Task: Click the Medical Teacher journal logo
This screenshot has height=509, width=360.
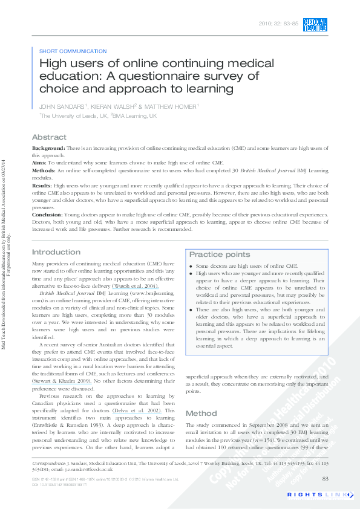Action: tap(315, 25)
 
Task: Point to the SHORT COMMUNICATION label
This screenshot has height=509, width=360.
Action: tap(73, 51)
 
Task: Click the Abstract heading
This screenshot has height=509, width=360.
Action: tap(49, 137)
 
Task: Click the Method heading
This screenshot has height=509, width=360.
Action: tap(201, 413)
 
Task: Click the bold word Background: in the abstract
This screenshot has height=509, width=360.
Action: tap(48, 148)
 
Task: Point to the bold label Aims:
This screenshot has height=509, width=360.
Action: tap(39, 163)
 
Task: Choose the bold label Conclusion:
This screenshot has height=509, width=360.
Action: tap(47, 213)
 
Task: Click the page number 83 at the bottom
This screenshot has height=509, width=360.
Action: tap(325, 479)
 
